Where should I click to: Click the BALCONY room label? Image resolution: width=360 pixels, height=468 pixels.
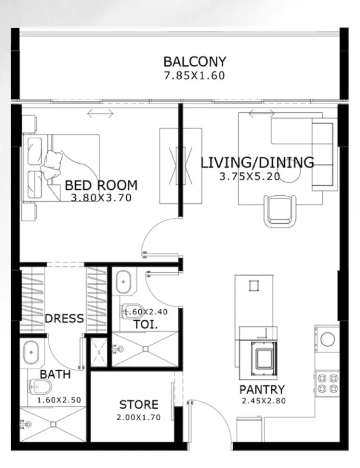click(x=194, y=62)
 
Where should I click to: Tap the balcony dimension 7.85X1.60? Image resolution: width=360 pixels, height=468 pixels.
click(x=194, y=76)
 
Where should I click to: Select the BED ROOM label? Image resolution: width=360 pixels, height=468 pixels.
click(x=101, y=185)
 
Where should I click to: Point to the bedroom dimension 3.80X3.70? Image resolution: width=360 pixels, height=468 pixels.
click(x=101, y=197)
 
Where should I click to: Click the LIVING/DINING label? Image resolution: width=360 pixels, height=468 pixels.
click(x=257, y=163)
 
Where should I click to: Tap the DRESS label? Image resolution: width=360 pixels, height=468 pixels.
click(x=64, y=319)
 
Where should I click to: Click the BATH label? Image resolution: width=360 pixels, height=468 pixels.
click(x=55, y=374)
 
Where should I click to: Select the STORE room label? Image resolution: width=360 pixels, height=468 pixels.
click(x=138, y=405)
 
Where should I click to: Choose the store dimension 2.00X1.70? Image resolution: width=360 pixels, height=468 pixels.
click(x=138, y=417)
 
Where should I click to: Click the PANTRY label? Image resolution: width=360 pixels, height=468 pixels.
click(x=262, y=389)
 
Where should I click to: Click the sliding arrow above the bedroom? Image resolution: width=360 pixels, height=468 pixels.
click(x=100, y=114)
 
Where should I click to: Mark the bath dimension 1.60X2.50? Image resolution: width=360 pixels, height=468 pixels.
click(x=59, y=400)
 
